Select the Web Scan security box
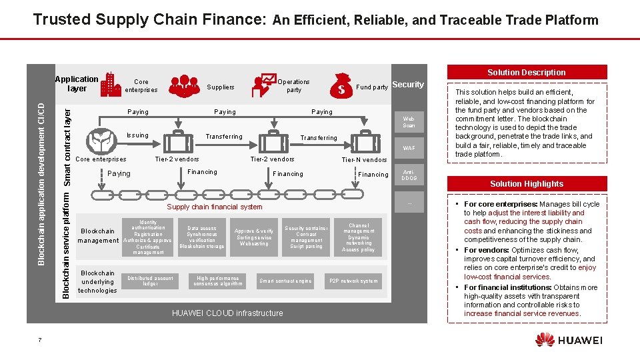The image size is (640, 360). pos(409,122)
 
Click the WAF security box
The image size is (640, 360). pos(409,148)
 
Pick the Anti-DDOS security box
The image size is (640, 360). pos(409,175)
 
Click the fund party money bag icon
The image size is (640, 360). pos(343,85)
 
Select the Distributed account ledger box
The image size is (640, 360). pos(150,281)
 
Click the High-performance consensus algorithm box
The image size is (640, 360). pos(218,281)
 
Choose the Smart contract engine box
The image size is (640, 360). pos(285,281)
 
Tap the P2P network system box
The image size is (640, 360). pos(353,281)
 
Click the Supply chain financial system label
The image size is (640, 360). pos(214,207)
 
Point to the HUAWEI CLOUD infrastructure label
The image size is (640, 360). pos(227,313)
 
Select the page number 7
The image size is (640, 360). pos(40,341)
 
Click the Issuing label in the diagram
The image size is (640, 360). pos(137,135)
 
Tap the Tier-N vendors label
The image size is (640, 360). pos(364,159)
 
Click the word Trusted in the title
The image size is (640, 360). pos(62,19)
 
